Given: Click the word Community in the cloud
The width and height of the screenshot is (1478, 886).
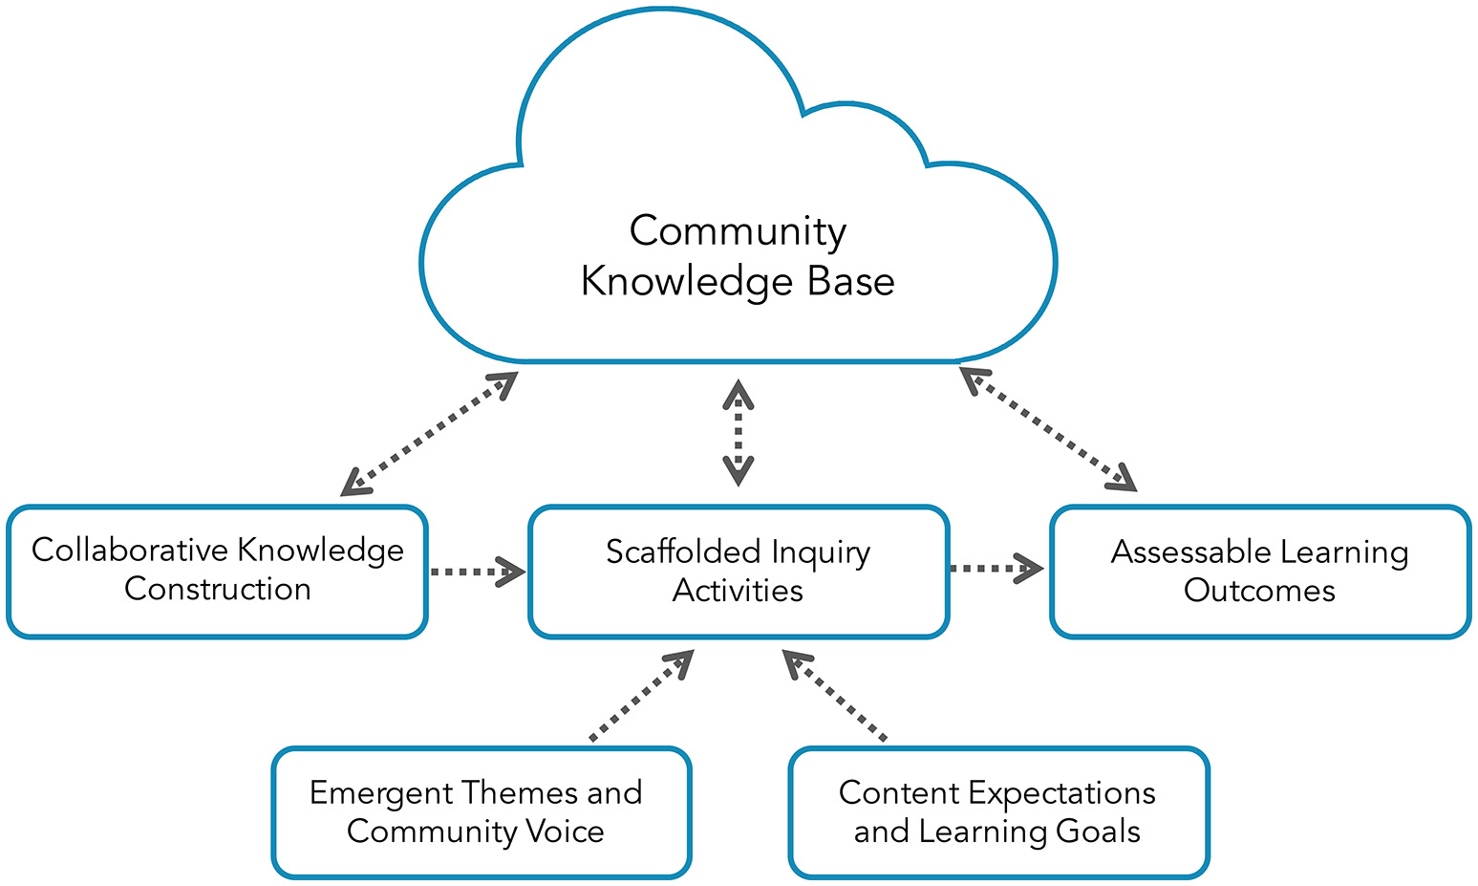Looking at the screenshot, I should click(738, 232).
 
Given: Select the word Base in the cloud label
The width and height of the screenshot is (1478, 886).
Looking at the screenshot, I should click(851, 282).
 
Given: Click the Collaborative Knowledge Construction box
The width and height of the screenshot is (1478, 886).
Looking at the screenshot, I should click(217, 571).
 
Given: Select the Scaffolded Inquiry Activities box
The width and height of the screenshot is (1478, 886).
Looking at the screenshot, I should click(739, 571).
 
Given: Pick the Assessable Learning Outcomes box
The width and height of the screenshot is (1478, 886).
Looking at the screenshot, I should click(1259, 571).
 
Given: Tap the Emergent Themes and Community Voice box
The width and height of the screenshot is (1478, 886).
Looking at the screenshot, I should click(481, 811).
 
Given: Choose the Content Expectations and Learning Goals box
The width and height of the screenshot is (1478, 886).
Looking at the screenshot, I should click(998, 811).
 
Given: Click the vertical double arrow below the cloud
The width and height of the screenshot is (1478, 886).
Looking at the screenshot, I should click(738, 433).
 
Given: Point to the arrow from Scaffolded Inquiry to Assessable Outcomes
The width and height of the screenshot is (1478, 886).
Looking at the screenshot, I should click(995, 569).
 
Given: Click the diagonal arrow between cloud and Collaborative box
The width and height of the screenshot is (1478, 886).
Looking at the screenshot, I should click(429, 433).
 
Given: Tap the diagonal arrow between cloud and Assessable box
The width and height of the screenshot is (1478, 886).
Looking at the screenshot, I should click(1048, 429).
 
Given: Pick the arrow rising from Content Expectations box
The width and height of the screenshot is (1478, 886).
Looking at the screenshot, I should click(834, 695).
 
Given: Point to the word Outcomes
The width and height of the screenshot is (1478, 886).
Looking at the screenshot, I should click(1259, 591).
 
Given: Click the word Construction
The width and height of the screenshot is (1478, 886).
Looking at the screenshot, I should click(218, 590).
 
